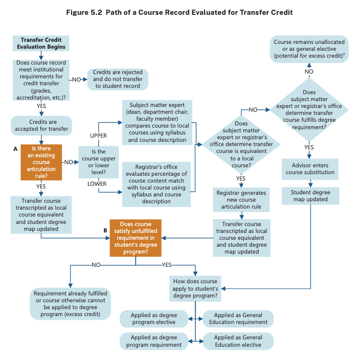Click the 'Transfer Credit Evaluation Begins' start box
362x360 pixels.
[x=40, y=43]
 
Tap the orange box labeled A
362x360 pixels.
[x=41, y=161]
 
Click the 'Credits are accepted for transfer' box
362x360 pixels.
[x=41, y=125]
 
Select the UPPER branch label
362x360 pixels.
[x=98, y=136]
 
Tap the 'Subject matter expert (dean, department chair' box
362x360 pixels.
[x=156, y=122]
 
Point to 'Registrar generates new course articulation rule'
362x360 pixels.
[x=241, y=200]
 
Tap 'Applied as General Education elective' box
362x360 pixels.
[x=238, y=341]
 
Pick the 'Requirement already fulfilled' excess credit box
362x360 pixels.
[x=70, y=304]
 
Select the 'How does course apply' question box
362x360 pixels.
[x=196, y=289]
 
